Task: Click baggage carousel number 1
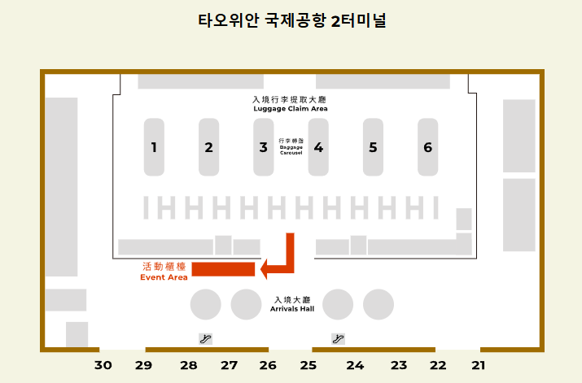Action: coord(154,147)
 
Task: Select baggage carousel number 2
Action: coord(209,147)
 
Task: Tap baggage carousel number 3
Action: coord(263,147)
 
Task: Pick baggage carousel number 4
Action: coord(318,147)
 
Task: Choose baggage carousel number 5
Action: coord(373,147)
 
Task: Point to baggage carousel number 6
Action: coord(427,147)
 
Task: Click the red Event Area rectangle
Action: coord(223,270)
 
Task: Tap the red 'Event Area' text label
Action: coord(164,277)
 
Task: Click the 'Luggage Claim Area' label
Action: coord(290,108)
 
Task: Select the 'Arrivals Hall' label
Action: coord(293,309)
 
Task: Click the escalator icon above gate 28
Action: coord(206,338)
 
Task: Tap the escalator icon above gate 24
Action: coord(338,338)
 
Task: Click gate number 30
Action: coord(103,366)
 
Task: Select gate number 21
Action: coord(479,366)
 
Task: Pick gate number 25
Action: coord(308,366)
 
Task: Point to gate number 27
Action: coord(230,366)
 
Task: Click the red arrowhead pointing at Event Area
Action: coord(265,268)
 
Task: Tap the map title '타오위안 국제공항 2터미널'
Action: coord(291,21)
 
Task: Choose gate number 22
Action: coord(438,366)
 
